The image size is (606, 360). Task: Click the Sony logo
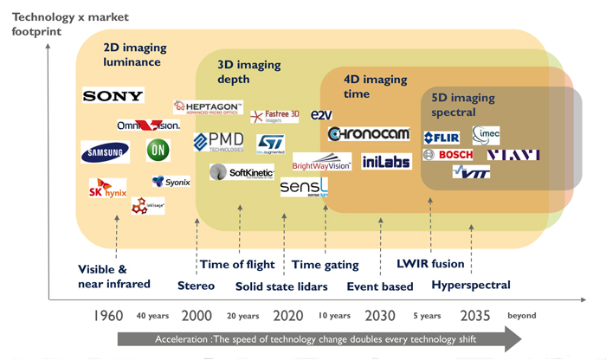[x=113, y=95]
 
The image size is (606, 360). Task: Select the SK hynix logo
[x=108, y=190]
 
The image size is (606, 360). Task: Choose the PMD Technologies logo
[x=218, y=142]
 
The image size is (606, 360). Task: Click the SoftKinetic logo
[x=242, y=173]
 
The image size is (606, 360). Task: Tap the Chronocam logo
[x=369, y=134]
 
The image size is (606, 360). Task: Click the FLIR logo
[x=441, y=138]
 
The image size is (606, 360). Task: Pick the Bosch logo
[x=448, y=155]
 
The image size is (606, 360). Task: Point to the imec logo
[x=486, y=133]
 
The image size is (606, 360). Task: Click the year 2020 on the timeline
[x=287, y=315]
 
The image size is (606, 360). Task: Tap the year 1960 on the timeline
[x=107, y=315]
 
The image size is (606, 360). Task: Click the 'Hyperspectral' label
[x=470, y=285]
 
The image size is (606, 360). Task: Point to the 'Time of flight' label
[x=236, y=265]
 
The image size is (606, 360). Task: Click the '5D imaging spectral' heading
[x=465, y=106]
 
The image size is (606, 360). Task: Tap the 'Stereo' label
[x=196, y=286]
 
